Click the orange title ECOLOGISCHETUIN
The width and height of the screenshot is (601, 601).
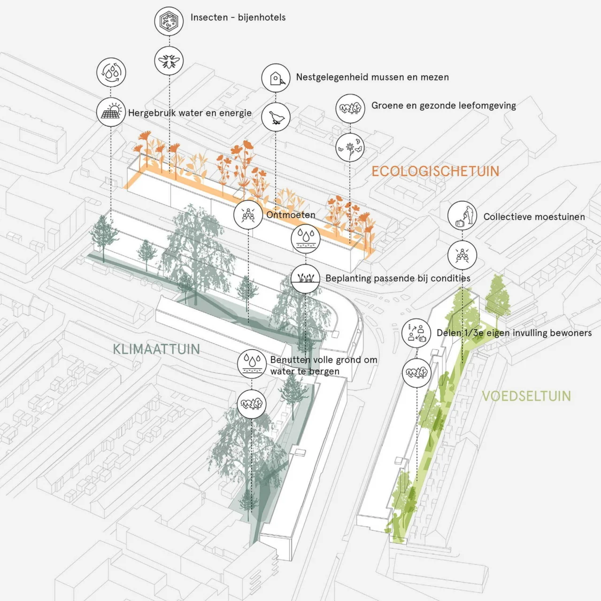point(435,171)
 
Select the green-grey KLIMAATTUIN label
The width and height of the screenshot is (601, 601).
point(156,349)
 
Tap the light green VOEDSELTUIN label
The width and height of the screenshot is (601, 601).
point(526,396)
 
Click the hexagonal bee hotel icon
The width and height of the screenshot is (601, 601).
point(169,21)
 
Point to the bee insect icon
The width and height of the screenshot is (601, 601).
point(169,61)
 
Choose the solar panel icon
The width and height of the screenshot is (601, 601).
point(111,112)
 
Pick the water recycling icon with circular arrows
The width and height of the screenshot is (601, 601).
point(111,72)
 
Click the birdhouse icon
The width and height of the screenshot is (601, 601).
point(276,78)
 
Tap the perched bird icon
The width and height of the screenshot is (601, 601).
point(276,117)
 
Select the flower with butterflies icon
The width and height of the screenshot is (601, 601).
point(350,147)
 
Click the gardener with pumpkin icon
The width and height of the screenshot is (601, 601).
point(462,216)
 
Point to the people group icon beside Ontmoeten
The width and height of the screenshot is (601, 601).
point(248,215)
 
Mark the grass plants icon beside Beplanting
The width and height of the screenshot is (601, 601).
point(305,278)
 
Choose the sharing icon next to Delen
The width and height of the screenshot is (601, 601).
point(416,333)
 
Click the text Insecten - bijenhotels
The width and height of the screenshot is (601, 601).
point(238,17)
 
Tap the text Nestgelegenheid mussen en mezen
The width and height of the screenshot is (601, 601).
point(372,77)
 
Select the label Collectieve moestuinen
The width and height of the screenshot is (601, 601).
point(534,217)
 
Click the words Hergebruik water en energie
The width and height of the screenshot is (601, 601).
point(190,113)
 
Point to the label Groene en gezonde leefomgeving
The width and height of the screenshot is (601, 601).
point(444,106)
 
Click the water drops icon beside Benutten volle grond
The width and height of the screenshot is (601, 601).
point(251,364)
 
